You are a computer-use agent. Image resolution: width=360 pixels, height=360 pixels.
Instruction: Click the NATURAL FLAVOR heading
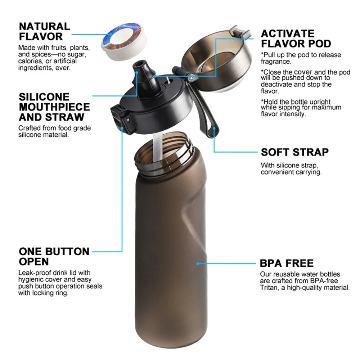pos(44,31)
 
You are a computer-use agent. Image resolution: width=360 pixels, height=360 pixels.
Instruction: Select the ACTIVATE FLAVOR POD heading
pos(296,39)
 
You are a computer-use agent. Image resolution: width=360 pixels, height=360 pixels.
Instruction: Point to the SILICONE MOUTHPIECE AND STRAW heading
pos(54,107)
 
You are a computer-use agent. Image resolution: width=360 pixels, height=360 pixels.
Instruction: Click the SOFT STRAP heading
pos(294,152)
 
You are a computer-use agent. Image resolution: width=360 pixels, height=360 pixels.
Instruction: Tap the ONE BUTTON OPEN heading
pos(54,256)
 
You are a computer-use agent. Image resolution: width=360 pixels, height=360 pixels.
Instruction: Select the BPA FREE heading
pos(287,263)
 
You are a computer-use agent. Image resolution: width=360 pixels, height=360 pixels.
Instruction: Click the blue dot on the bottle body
pos(198,263)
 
